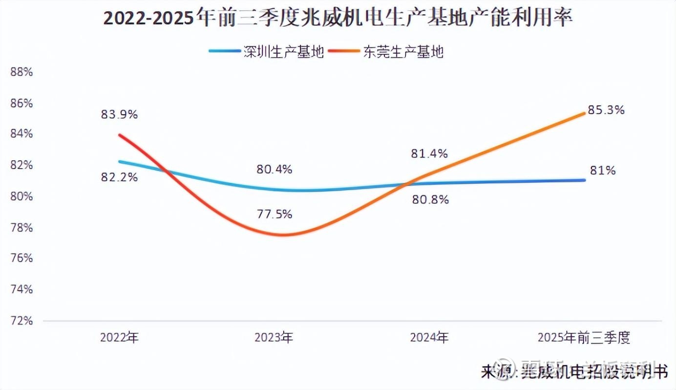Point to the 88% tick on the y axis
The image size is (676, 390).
coord(21,72)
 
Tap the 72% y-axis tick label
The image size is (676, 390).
coord(21,321)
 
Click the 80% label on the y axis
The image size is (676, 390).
coord(21,196)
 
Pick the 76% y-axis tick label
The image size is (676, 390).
coord(21,259)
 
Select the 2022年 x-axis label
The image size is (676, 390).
coord(119,337)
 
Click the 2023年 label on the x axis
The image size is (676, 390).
coord(274,337)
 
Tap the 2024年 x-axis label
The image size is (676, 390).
coord(429,337)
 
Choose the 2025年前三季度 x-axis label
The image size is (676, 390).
coord(584,337)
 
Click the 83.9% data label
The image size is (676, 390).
coord(119,115)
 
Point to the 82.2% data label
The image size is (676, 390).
coord(119,177)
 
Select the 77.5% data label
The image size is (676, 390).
coord(274,214)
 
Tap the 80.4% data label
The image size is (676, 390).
coord(274,170)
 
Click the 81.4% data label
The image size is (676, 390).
coord(429,154)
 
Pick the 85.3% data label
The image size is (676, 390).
coord(606,110)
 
